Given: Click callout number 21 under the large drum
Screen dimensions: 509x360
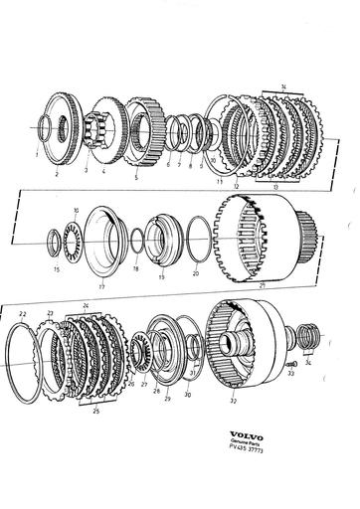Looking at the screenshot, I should pos(263,286).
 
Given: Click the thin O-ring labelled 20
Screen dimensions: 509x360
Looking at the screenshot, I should pos(197,249).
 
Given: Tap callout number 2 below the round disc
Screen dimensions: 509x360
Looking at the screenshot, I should pos(57,174).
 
